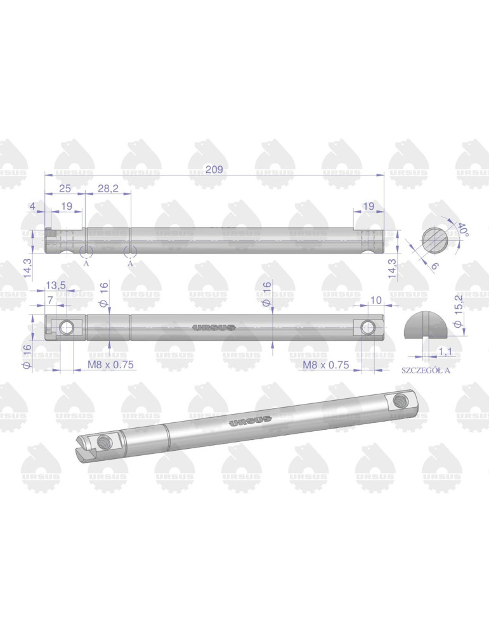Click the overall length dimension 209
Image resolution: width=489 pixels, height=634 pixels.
(x=214, y=169)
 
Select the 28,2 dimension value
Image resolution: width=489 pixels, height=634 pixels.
(x=108, y=188)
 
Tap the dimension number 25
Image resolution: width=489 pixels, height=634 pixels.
(x=65, y=188)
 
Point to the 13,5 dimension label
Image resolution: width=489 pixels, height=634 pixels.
(x=55, y=285)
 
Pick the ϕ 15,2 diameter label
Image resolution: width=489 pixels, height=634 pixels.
(x=459, y=311)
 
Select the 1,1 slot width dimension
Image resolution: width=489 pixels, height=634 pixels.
(x=445, y=352)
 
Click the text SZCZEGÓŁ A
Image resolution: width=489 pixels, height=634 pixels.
(x=426, y=370)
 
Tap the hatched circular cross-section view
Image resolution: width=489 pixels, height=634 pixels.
(x=434, y=240)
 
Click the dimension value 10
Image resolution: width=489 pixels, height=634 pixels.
(x=375, y=300)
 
